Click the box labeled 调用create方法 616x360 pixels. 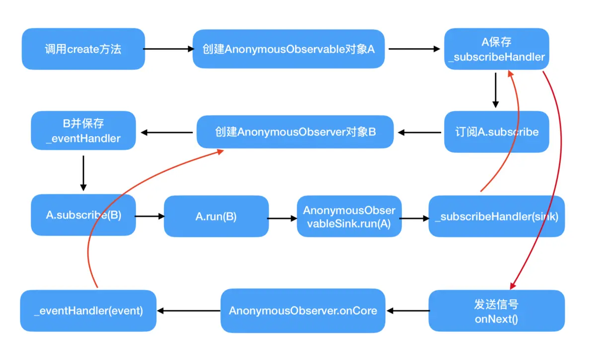(x=83, y=49)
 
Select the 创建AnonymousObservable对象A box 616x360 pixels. (x=289, y=49)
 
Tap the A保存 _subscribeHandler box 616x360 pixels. (x=496, y=49)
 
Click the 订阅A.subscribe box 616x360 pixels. (x=496, y=132)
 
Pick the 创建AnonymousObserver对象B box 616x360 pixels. (x=295, y=132)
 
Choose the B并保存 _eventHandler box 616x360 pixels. (x=83, y=131)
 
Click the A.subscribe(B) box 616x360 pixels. (x=83, y=216)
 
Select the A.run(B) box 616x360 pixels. (x=216, y=216)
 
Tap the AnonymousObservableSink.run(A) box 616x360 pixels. (x=349, y=216)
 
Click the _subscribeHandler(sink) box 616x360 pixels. (x=496, y=216)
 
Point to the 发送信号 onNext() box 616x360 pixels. (x=496, y=311)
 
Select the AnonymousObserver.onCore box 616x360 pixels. (x=303, y=311)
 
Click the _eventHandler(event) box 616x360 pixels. (x=88, y=311)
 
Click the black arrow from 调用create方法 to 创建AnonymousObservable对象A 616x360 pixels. (x=168, y=49)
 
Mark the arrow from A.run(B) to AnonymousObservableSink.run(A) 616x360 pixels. (x=282, y=217)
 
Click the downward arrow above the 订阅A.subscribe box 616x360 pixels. (x=495, y=90)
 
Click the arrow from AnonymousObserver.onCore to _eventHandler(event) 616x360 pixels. (x=188, y=311)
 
